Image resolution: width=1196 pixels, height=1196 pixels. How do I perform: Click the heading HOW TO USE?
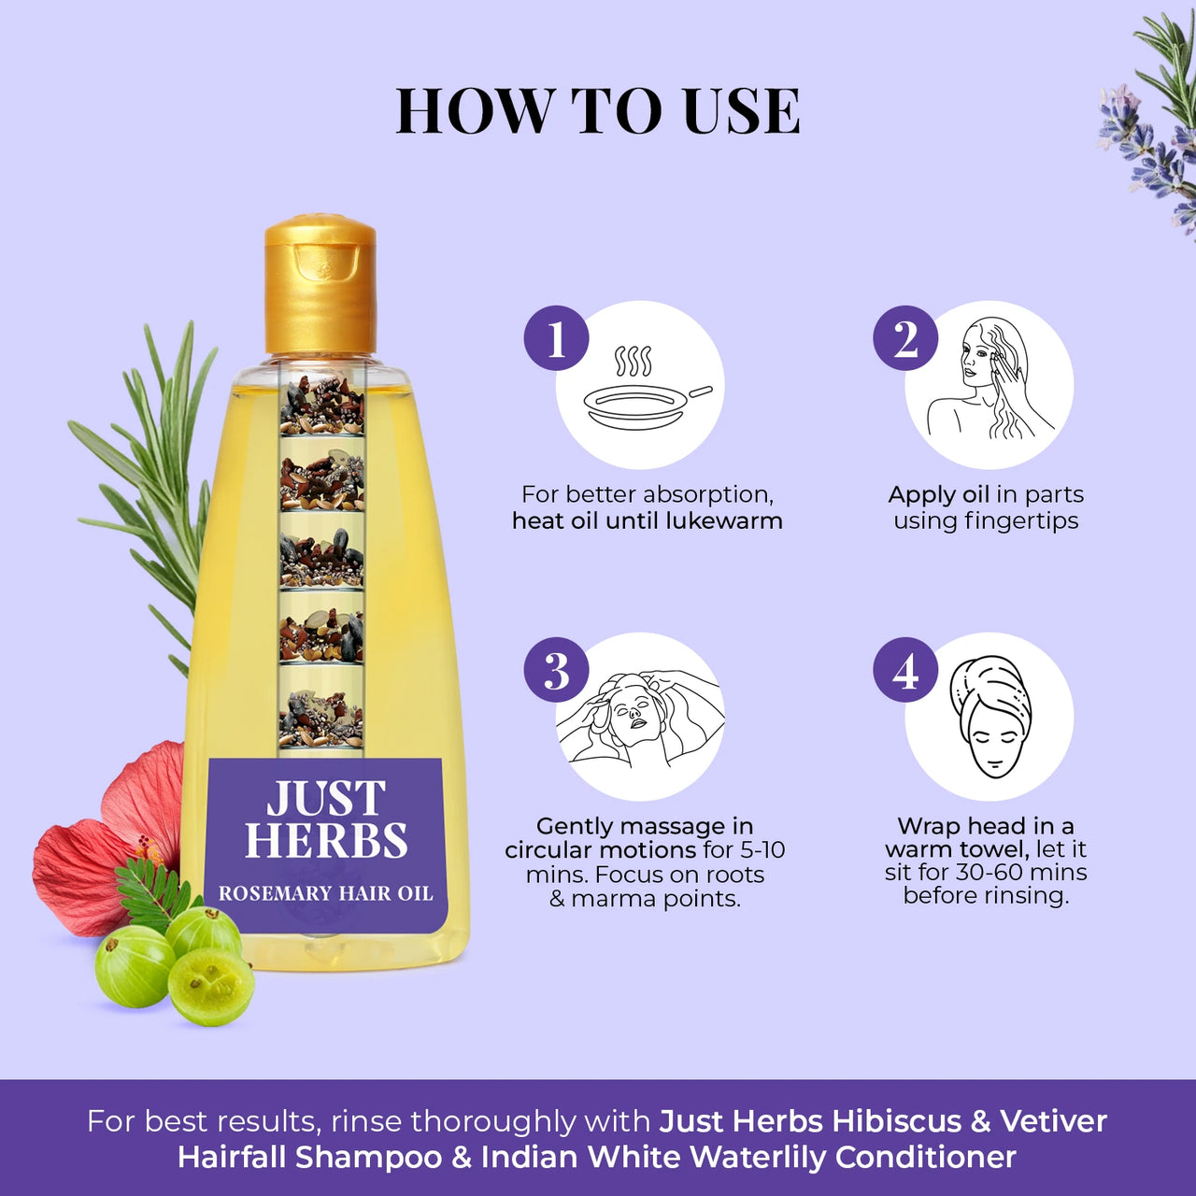(x=597, y=112)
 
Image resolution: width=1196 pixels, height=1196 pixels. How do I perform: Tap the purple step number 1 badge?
(x=557, y=338)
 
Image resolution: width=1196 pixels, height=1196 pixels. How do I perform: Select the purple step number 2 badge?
(x=905, y=338)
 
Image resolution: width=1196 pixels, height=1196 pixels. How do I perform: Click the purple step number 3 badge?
(x=557, y=670)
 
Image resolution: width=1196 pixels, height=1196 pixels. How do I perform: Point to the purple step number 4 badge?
(x=905, y=670)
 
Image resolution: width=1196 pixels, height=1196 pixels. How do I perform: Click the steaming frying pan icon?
(x=645, y=392)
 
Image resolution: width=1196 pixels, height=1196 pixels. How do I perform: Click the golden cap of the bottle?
(x=320, y=285)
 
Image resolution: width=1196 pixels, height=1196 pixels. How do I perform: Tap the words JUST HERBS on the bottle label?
(x=325, y=820)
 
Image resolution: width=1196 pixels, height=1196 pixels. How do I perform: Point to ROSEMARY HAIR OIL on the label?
(x=325, y=893)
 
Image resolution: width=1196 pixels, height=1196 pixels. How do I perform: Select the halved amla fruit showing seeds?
(x=211, y=986)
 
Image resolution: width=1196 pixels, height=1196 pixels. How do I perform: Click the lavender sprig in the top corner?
(x=1149, y=131)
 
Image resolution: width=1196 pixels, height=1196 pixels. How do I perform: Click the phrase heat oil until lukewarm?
(x=647, y=520)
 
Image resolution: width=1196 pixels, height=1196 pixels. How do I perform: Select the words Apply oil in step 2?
(x=938, y=494)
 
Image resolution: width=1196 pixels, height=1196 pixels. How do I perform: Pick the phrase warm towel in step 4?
(x=956, y=849)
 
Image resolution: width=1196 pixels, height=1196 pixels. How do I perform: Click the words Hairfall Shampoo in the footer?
(x=309, y=1157)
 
